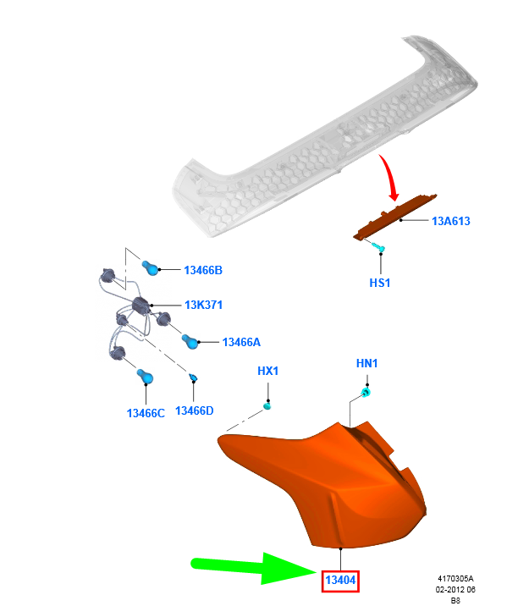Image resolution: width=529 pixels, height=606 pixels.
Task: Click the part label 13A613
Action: point(450,221)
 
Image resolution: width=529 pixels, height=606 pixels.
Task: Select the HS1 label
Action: point(379,283)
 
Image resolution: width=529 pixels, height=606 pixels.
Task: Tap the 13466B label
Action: point(203,270)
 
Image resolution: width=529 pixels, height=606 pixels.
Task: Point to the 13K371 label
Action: point(203,305)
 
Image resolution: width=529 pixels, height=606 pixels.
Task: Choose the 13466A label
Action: point(241,342)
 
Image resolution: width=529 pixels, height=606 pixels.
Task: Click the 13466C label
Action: point(146,413)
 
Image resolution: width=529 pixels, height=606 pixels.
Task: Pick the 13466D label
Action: point(194,410)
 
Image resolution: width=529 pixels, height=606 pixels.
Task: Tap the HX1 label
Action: point(267,371)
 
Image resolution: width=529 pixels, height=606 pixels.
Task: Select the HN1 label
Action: point(366,363)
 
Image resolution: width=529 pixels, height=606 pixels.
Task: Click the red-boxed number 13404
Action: point(340,580)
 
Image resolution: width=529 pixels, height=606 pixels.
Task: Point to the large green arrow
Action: point(254,568)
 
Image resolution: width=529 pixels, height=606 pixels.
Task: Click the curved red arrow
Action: point(390,177)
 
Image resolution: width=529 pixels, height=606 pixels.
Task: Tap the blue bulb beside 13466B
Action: point(151,267)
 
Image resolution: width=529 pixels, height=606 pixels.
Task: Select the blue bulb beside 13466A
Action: point(190,341)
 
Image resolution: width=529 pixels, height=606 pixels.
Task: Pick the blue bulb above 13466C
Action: point(145,376)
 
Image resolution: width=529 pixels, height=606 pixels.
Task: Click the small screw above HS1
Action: point(377,246)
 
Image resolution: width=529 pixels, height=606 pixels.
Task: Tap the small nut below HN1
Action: point(365,393)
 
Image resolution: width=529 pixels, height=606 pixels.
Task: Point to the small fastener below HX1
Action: point(267,405)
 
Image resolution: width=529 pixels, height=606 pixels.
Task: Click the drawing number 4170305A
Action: point(455,579)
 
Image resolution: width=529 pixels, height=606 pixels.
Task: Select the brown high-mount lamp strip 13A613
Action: point(394,218)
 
